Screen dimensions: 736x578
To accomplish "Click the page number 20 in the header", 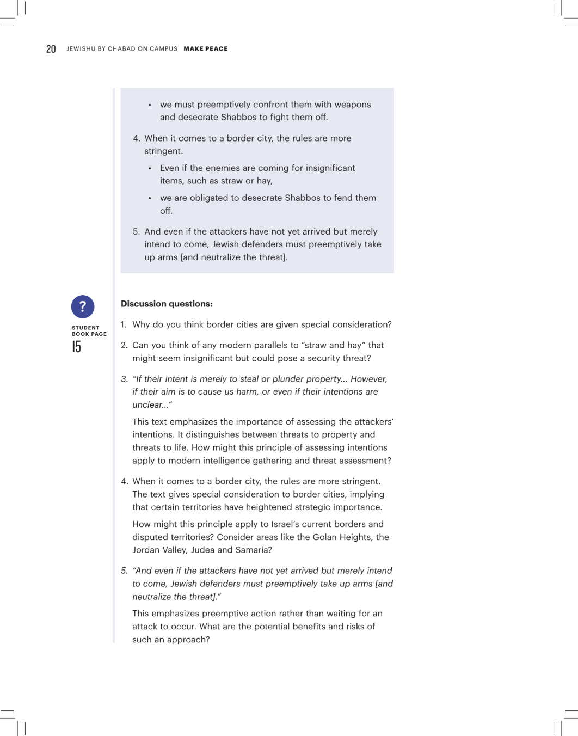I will pyautogui.click(x=51, y=49).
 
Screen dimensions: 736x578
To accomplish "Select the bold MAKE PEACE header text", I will pyautogui.click(x=206, y=49).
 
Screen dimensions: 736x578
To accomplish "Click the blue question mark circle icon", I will pyautogui.click(x=83, y=307).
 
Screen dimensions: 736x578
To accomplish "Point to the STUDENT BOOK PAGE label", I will pyautogui.click(x=89, y=331).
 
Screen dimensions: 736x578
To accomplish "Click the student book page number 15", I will pyautogui.click(x=77, y=347).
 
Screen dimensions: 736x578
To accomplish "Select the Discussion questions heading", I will pyautogui.click(x=167, y=304).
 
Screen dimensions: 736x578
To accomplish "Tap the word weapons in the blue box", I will pyautogui.click(x=353, y=105).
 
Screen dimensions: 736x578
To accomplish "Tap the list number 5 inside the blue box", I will pyautogui.click(x=136, y=231).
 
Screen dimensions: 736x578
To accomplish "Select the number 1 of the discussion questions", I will pyautogui.click(x=124, y=324).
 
